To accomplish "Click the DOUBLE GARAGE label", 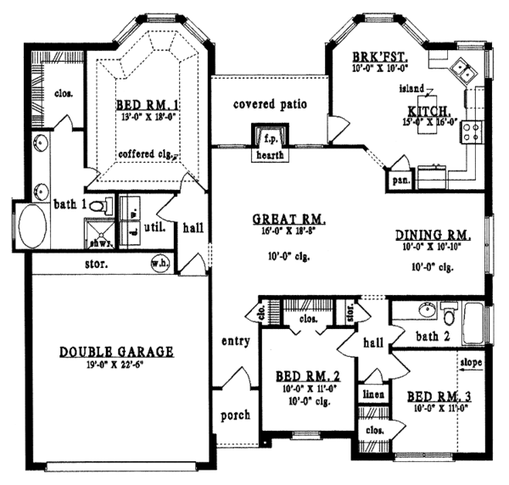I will (x=118, y=350).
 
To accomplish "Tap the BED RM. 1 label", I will (x=145, y=106).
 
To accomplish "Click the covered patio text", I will (x=269, y=104).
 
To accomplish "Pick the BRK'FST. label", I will (x=371, y=58).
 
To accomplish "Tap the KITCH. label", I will (x=429, y=111).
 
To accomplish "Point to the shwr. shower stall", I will (x=98, y=232).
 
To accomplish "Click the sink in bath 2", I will (x=424, y=310).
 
